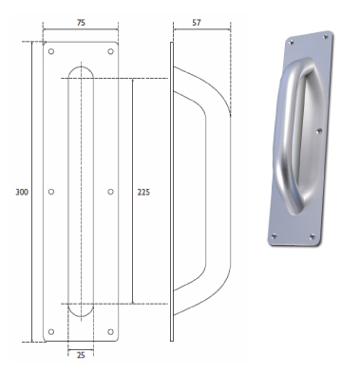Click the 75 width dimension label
(81, 23)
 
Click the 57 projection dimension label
(197, 23)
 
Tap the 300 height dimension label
(22, 192)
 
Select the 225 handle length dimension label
(143, 192)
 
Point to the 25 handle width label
(81, 355)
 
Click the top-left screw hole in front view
(51, 51)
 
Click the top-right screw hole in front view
(110, 51)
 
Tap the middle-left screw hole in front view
(51, 192)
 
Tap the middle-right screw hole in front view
(110, 192)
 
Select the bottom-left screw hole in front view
(51, 331)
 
